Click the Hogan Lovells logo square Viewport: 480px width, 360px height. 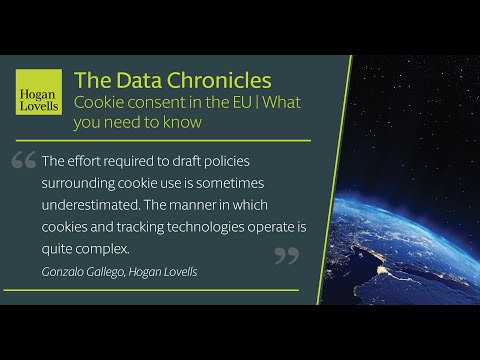click(x=38, y=90)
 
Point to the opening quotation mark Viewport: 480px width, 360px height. click(x=24, y=161)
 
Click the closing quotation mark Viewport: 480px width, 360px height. click(x=286, y=256)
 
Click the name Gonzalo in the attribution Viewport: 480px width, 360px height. click(x=65, y=271)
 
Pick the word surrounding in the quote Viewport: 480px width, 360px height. click(x=83, y=183)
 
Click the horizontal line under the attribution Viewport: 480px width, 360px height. click(x=150, y=290)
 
